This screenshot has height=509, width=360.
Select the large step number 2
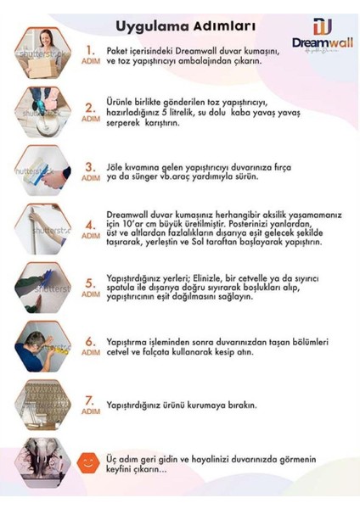90,108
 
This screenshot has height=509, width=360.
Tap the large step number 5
90,283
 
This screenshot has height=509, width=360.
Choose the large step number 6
90,342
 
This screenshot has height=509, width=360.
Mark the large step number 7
90,400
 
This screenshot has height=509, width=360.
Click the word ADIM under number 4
90,237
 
